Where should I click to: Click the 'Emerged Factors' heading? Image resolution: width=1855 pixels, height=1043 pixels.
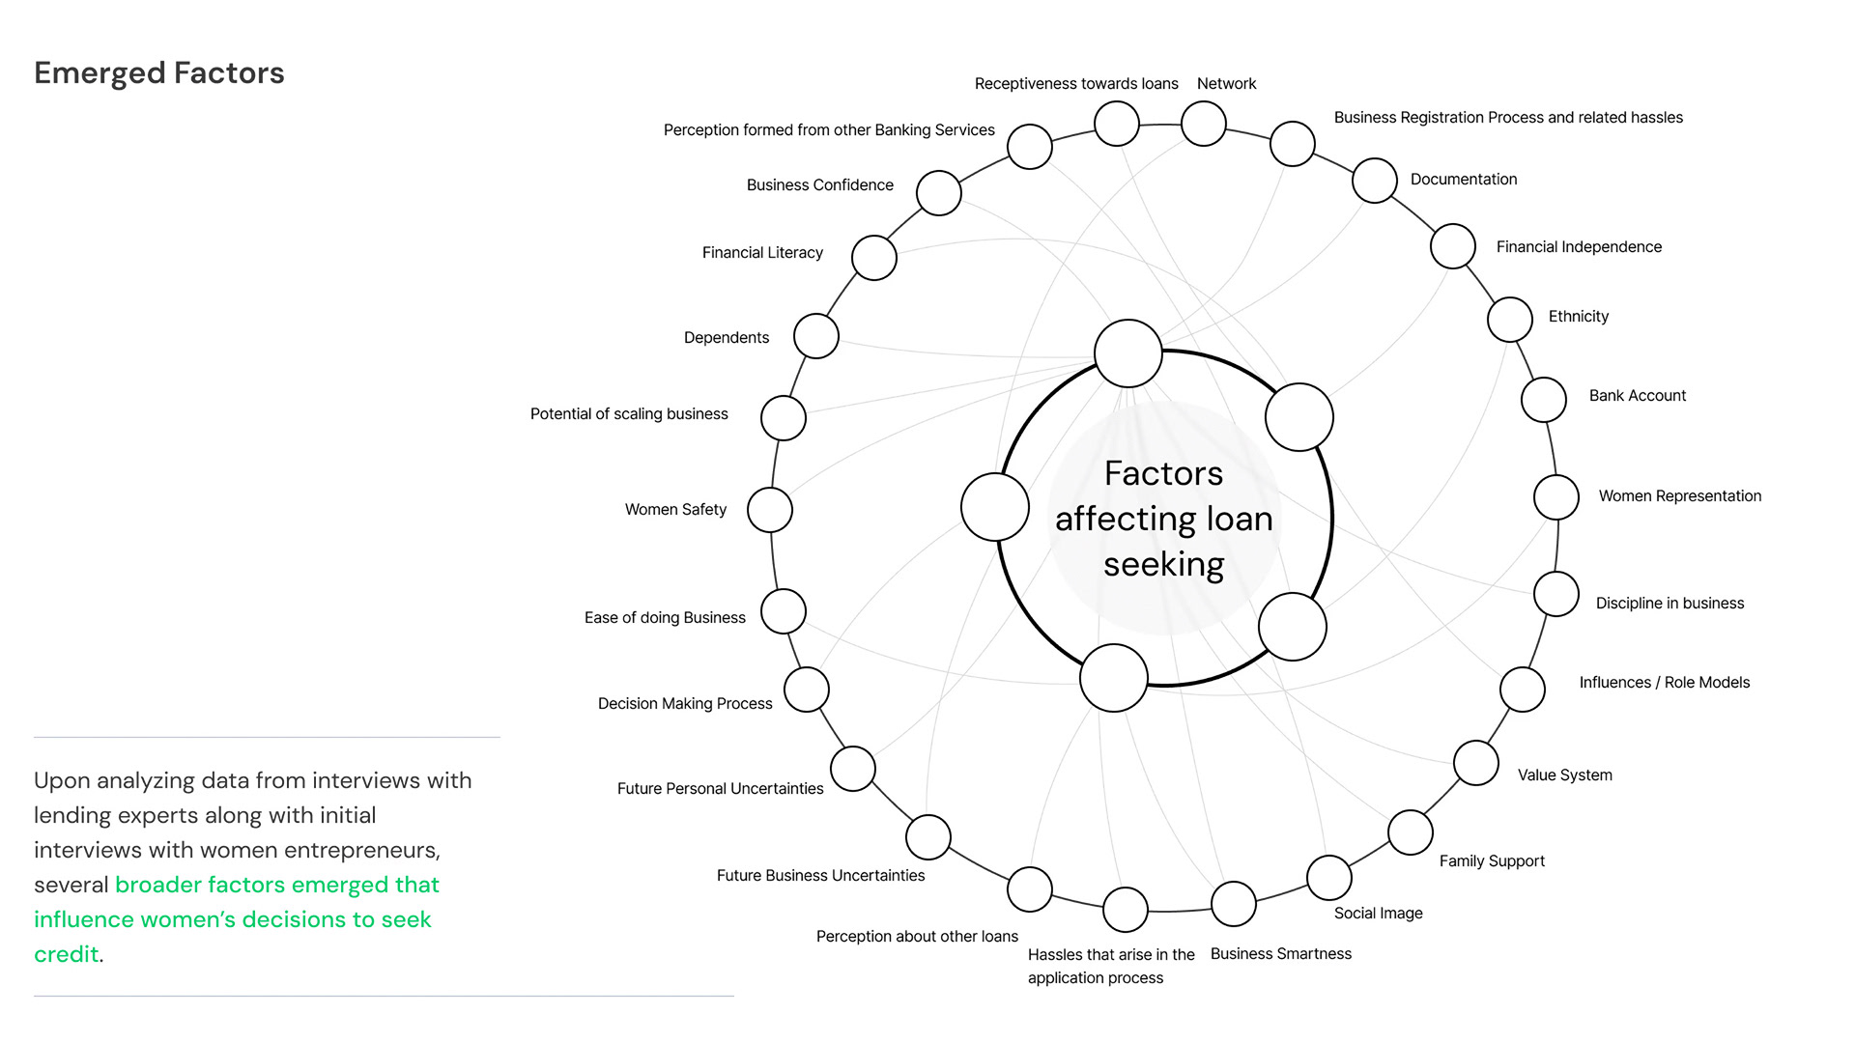[159, 73]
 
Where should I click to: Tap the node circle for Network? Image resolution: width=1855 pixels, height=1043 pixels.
[1204, 124]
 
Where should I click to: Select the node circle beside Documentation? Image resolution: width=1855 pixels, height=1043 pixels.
[1375, 181]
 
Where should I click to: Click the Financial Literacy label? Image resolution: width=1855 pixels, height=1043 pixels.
[762, 253]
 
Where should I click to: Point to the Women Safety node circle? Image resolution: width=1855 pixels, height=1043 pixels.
[770, 510]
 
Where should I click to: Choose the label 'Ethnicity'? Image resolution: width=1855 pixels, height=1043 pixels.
[1578, 317]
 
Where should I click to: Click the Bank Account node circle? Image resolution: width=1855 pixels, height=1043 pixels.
[1544, 400]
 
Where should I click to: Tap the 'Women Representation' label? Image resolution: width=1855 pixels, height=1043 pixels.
[1679, 496]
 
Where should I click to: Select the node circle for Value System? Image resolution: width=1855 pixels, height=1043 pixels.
[1476, 763]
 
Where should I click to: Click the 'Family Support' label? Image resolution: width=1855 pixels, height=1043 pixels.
[1492, 861]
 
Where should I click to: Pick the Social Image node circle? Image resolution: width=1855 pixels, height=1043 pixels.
[1329, 878]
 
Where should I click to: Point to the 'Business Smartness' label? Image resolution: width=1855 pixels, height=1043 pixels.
[1280, 954]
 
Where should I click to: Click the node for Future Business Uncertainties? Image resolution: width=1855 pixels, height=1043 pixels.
[928, 837]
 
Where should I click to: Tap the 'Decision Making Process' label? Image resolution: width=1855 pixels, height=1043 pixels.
[685, 704]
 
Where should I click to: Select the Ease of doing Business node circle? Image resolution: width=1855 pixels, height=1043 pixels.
[784, 611]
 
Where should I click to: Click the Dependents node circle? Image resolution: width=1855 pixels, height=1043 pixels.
[816, 336]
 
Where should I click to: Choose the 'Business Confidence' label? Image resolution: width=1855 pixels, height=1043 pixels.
[819, 185]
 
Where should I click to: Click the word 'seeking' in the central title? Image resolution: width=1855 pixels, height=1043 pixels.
[1163, 564]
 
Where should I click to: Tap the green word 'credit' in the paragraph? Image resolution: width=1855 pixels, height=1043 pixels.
[67, 954]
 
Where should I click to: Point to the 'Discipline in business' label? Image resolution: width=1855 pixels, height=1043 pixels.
[1669, 604]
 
